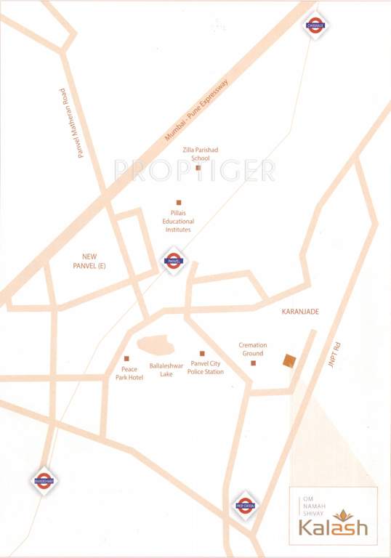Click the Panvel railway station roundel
(173, 260)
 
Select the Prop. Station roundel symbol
(245, 506)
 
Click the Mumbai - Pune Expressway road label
(196, 110)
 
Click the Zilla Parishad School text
(200, 154)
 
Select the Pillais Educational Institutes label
(177, 221)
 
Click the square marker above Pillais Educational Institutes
(178, 203)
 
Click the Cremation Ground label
(253, 349)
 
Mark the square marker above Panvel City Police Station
(202, 353)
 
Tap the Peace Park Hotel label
(129, 373)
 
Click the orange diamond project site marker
(289, 360)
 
